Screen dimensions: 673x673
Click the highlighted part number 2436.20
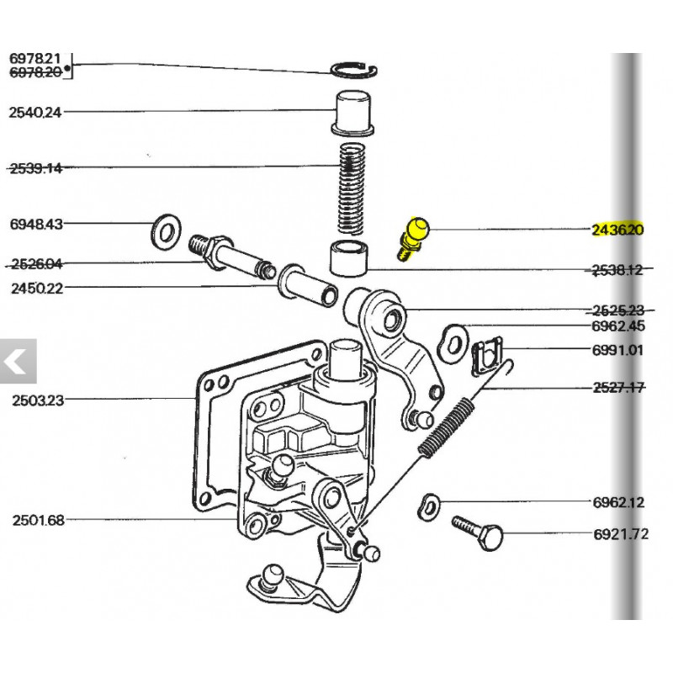[617, 230]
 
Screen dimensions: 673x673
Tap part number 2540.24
[34, 112]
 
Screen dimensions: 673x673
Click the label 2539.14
[34, 167]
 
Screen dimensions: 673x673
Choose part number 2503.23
[37, 400]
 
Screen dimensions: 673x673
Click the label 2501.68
[37, 520]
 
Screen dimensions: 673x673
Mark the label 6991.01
[617, 350]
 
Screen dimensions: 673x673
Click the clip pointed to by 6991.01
[485, 356]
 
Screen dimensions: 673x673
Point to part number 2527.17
[617, 387]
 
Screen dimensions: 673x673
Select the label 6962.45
[617, 327]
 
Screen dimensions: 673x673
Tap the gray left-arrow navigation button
[17, 362]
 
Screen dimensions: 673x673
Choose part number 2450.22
[37, 288]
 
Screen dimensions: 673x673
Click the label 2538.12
[617, 270]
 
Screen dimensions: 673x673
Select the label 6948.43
[34, 224]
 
